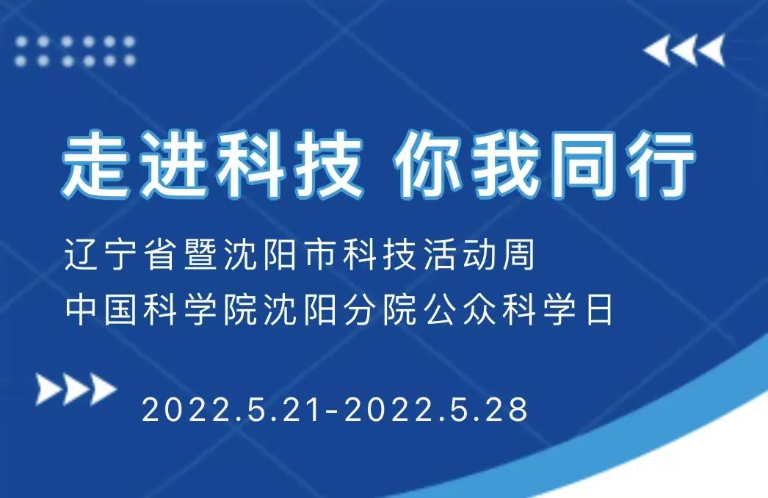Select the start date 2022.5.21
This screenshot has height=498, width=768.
tap(231, 410)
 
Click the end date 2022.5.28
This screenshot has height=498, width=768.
tap(436, 410)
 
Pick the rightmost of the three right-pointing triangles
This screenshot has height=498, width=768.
tap(102, 389)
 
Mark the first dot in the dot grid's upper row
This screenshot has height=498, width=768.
tap(23, 42)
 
